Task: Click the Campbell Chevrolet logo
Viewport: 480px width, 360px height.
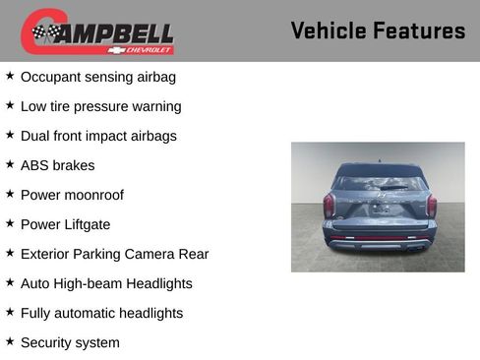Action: pos(97,31)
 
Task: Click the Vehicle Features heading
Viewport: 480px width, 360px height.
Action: pos(378,30)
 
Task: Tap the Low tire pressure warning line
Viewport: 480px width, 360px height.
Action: pos(100,106)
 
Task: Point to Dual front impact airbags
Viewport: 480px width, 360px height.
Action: pos(98,136)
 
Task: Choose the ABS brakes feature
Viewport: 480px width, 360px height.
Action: pos(57,165)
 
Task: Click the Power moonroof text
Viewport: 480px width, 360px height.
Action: pos(72,195)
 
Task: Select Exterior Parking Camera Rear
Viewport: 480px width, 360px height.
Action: pos(114,254)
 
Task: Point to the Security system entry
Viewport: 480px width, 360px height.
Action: pos(70,342)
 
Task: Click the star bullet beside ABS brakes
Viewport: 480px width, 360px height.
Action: pos(10,163)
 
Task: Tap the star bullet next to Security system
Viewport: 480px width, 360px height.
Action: pos(10,340)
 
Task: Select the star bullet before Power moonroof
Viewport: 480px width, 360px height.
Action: pos(10,193)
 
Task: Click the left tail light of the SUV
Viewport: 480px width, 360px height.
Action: pos(330,205)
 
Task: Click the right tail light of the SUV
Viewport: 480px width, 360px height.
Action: pos(431,205)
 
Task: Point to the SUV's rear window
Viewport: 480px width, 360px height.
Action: pos(379,183)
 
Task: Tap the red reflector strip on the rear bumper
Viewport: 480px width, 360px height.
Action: pos(379,239)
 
